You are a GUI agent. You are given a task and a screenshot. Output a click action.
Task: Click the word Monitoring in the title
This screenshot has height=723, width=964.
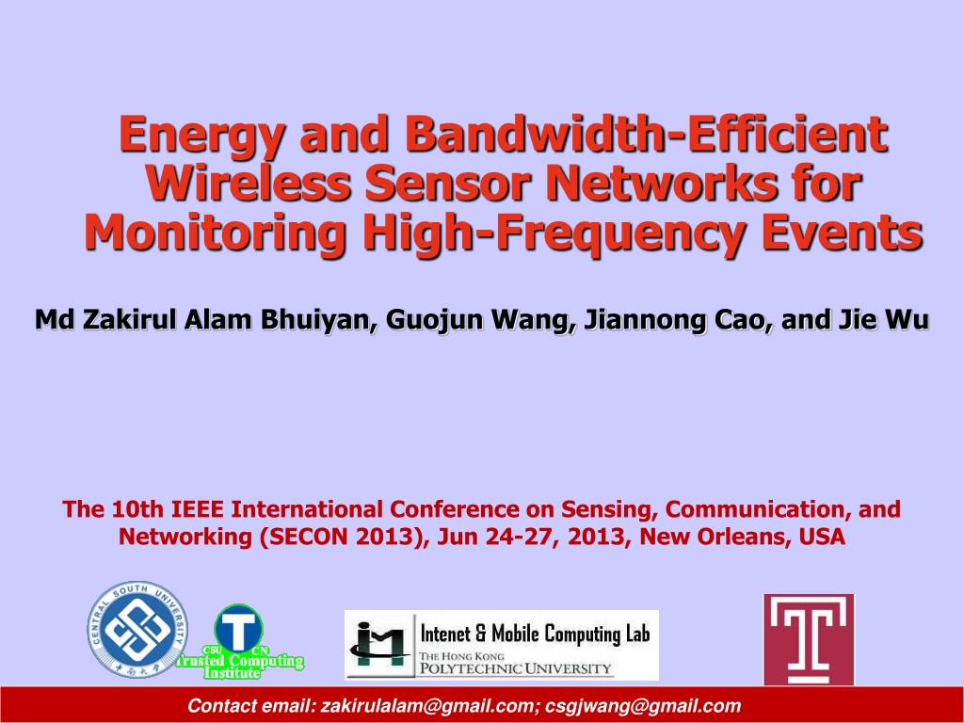click(215, 234)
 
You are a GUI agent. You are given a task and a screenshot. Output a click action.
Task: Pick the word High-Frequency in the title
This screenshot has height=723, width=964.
click(553, 234)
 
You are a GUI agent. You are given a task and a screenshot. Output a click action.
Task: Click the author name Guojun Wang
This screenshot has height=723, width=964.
click(480, 320)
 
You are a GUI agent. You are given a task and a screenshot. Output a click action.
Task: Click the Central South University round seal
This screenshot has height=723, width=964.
click(137, 629)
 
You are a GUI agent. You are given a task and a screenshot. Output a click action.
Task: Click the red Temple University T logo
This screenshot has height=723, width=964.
click(809, 639)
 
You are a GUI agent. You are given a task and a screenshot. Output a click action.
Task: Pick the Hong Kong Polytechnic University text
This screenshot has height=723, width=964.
click(515, 662)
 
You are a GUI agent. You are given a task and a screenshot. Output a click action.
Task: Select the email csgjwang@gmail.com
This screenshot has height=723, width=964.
click(642, 706)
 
